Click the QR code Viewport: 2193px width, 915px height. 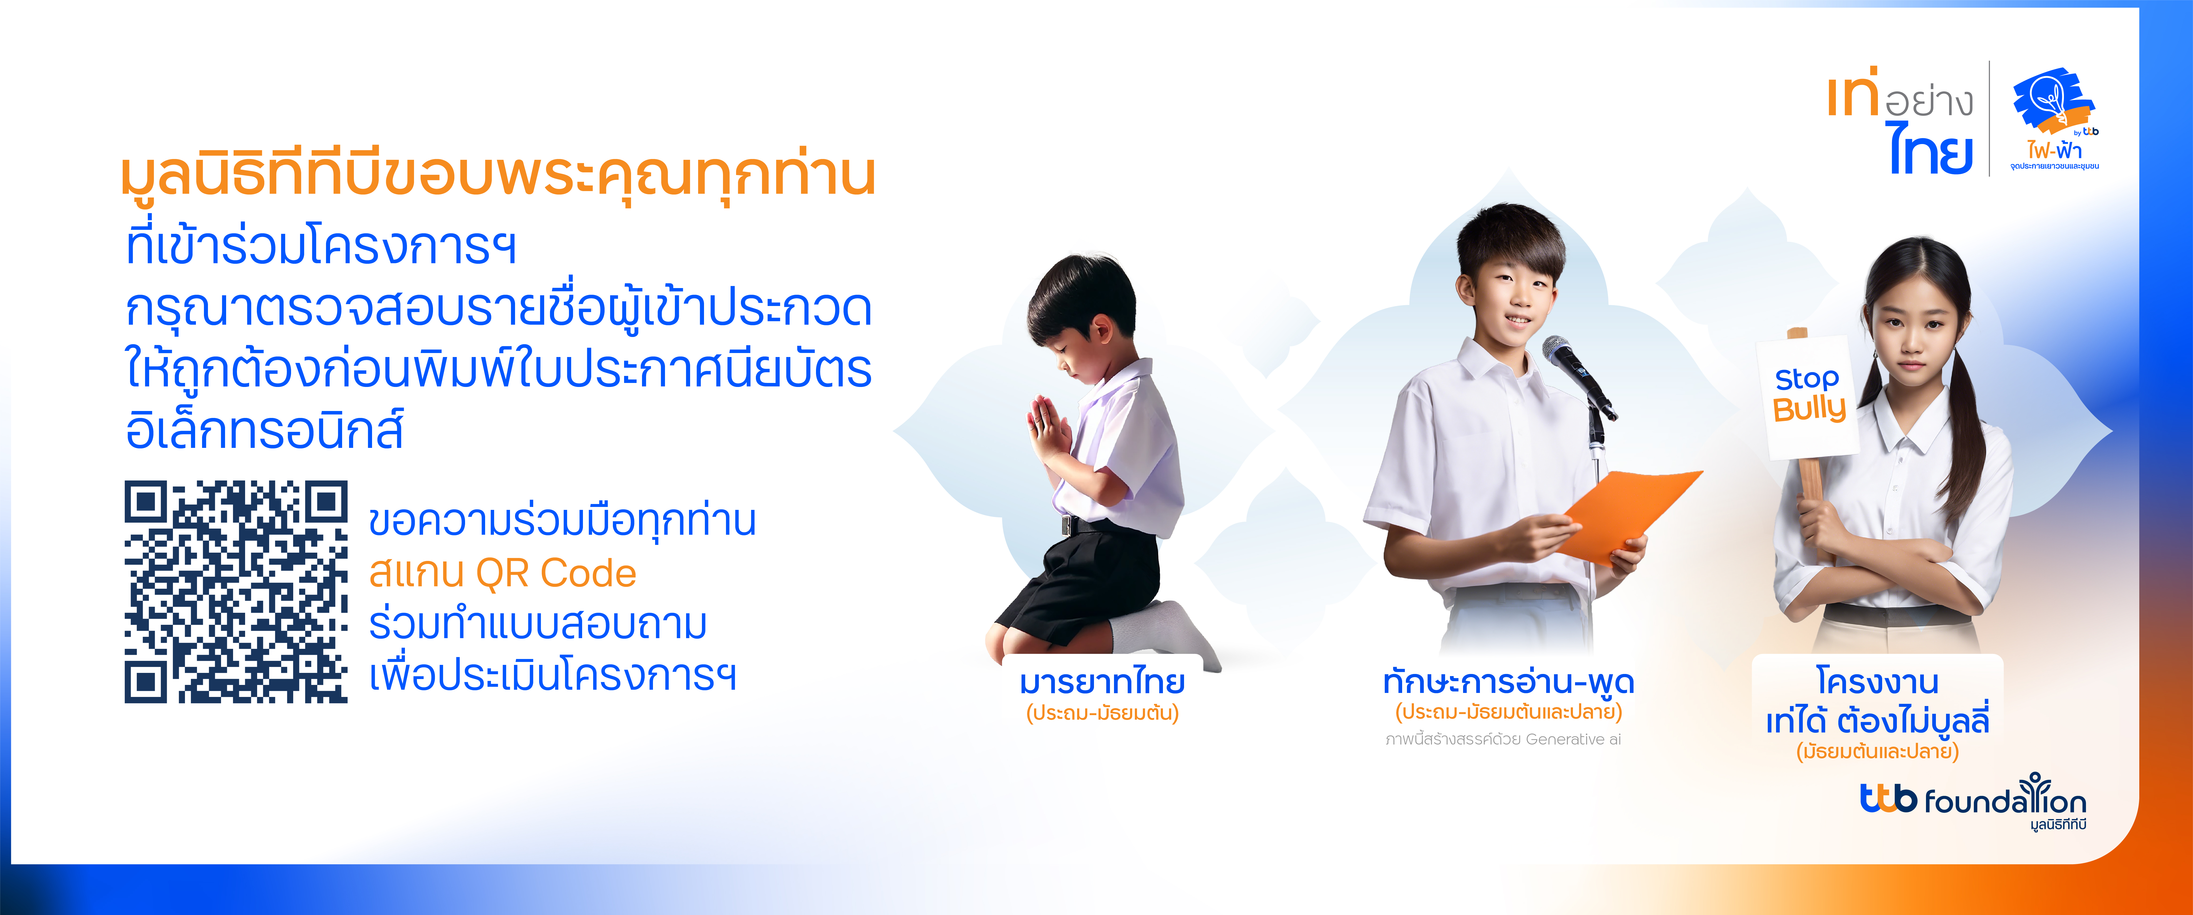point(236,592)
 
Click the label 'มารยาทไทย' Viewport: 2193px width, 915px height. point(1103,682)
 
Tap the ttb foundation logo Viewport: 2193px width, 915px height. point(1972,800)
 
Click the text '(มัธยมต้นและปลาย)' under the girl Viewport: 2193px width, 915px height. point(1877,751)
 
